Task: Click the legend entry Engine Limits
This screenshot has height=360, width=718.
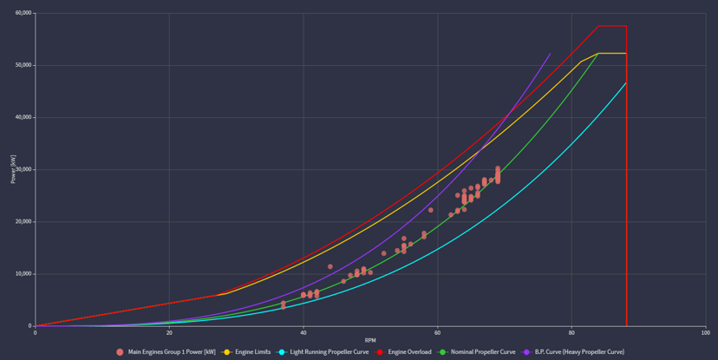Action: tap(253, 352)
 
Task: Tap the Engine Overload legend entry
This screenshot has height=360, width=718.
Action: tap(407, 352)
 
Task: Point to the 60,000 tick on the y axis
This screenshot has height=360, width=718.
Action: tap(20, 13)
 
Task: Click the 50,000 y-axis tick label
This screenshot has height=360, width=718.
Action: tap(20, 65)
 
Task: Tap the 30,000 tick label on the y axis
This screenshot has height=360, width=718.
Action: tap(20, 170)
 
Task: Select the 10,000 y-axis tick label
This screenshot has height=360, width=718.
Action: tap(20, 274)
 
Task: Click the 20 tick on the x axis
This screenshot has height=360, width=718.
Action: tap(169, 333)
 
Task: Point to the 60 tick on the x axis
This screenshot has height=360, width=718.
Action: tap(437, 333)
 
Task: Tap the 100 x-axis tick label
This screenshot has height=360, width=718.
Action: tap(704, 333)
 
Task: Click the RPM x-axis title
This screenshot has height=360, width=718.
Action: tap(370, 341)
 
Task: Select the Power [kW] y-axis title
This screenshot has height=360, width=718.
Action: tap(13, 169)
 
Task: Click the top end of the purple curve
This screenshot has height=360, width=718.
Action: tap(550, 54)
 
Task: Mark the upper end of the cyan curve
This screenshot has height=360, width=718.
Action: tap(626, 82)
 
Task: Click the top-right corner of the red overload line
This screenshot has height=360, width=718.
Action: tap(626, 26)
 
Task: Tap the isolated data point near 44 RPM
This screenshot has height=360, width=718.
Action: tap(330, 267)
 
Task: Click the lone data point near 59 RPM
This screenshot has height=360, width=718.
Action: tap(431, 210)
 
